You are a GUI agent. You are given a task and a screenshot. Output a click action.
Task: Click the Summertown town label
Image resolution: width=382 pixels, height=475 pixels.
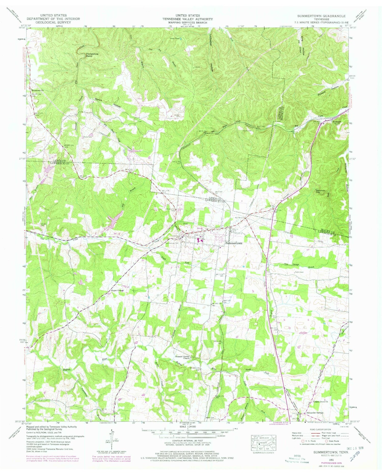pos(234,243)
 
